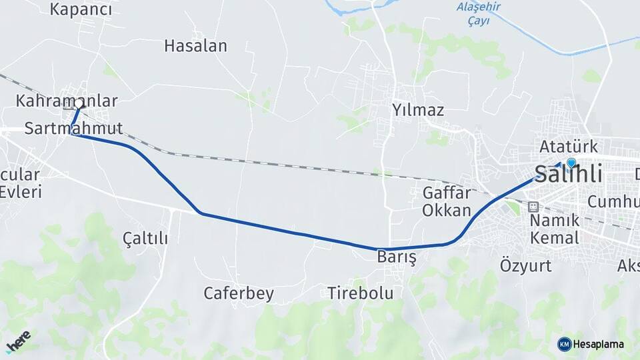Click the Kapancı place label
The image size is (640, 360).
point(80,9)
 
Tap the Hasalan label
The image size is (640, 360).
point(195,46)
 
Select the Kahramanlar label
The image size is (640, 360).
point(67,101)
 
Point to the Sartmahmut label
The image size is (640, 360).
point(73,128)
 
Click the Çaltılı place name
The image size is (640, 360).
point(145,238)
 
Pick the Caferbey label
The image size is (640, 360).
point(239,293)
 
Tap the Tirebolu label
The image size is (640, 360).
point(360,293)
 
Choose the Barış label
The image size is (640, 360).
point(396,257)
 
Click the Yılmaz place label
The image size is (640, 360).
point(417,110)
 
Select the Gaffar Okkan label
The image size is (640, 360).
point(447,201)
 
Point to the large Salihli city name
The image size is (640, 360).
point(569,175)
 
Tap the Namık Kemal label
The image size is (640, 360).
point(554,229)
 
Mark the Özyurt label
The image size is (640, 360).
point(526,265)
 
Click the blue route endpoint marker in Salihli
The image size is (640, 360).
point(571,162)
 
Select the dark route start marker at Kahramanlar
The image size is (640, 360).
point(81,104)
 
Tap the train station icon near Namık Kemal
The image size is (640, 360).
point(533,207)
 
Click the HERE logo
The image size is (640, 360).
point(18,341)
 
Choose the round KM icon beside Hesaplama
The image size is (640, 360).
point(564,344)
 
